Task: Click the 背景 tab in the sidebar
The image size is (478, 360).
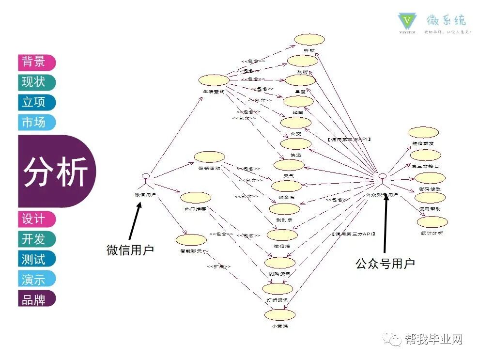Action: click(x=36, y=62)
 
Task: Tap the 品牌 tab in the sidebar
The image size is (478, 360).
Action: click(x=36, y=299)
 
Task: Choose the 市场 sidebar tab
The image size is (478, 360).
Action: click(x=36, y=122)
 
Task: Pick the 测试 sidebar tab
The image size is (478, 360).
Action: click(x=36, y=259)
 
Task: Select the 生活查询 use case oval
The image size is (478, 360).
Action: click(x=214, y=80)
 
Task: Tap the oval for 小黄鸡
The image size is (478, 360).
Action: click(x=280, y=314)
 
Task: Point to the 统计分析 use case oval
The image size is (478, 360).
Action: click(x=432, y=222)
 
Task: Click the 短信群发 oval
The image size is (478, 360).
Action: click(x=423, y=132)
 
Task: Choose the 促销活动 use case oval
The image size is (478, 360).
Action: click(x=209, y=157)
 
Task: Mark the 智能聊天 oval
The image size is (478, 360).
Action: click(x=191, y=240)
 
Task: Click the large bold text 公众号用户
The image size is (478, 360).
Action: click(x=385, y=264)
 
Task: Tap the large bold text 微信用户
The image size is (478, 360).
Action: click(x=130, y=250)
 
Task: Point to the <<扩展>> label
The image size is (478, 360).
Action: click(x=218, y=266)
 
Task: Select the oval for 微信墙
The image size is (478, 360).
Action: click(x=281, y=235)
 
